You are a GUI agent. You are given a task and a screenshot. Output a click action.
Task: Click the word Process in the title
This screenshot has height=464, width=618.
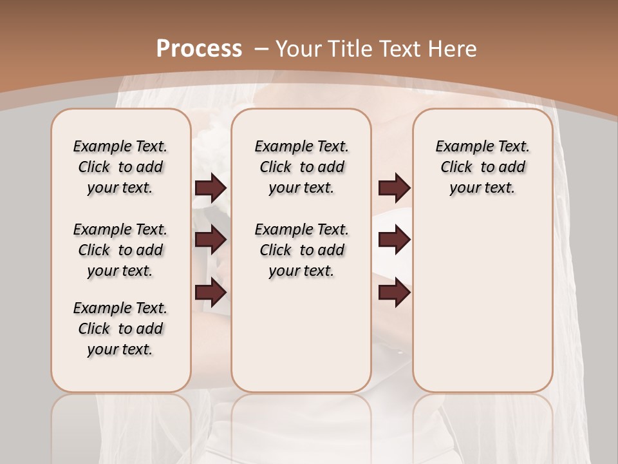click(x=199, y=48)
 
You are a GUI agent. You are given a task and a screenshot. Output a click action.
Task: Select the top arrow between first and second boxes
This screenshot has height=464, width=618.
click(x=211, y=188)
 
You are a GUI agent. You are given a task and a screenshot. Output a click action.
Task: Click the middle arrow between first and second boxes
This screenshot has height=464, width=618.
click(x=211, y=240)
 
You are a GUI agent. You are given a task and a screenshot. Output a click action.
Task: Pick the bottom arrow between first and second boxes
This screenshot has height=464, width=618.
click(x=211, y=293)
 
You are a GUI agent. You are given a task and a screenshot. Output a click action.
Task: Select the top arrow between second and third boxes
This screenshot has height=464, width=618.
click(x=394, y=188)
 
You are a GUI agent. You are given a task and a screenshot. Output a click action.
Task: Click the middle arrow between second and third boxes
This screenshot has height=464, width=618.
click(x=394, y=240)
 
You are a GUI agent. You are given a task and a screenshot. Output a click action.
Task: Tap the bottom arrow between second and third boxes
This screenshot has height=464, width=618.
click(x=394, y=293)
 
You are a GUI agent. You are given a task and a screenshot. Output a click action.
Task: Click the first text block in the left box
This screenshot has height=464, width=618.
click(x=120, y=167)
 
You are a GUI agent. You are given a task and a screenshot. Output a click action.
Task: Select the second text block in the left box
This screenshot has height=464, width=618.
click(x=120, y=250)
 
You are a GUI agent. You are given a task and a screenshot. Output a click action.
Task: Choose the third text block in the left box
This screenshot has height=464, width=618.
click(x=120, y=329)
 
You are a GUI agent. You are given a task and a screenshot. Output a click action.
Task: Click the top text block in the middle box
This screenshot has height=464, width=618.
click(x=301, y=167)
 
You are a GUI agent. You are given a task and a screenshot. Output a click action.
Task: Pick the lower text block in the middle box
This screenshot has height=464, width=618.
click(x=301, y=250)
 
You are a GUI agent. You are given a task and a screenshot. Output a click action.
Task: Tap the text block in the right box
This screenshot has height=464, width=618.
click(x=482, y=167)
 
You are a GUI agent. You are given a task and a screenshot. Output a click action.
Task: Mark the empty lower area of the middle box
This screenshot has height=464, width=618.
click(x=301, y=335)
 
